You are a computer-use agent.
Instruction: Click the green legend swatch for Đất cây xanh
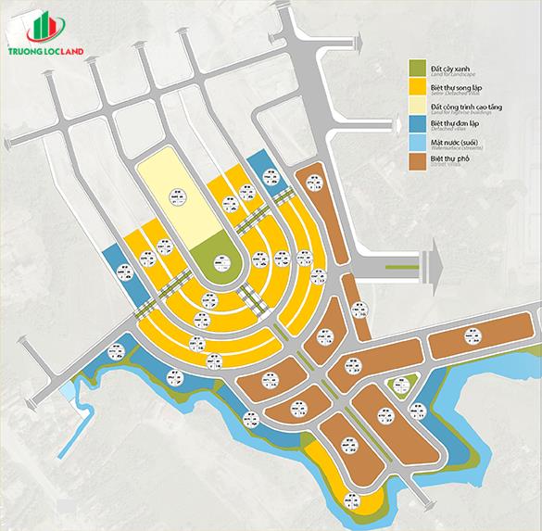click(x=417, y=70)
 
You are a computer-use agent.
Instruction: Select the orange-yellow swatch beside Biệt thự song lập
click(x=417, y=88)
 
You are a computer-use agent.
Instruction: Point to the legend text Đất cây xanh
click(x=449, y=67)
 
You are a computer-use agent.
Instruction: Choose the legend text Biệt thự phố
click(x=448, y=158)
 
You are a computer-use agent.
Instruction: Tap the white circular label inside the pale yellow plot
click(x=176, y=196)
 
